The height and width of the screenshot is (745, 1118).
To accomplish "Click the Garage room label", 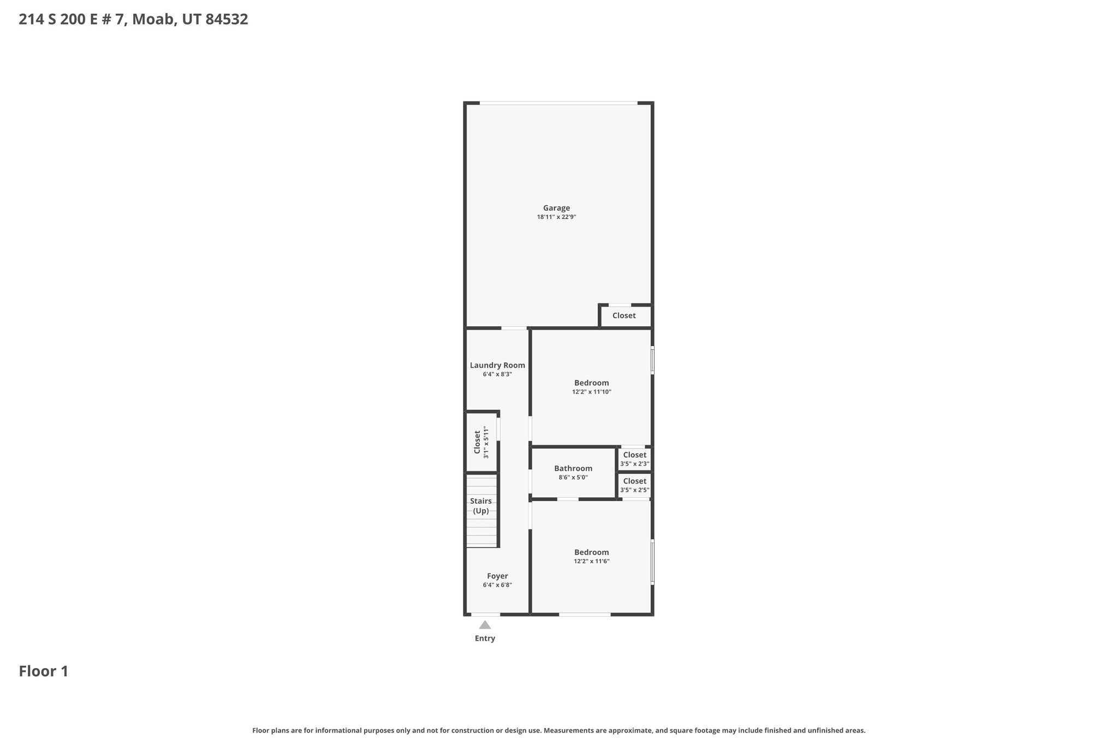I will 556,208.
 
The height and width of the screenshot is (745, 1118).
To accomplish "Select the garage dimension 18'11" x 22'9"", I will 556,217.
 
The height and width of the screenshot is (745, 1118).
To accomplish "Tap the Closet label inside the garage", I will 624,315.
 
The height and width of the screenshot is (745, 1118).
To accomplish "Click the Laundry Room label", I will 497,365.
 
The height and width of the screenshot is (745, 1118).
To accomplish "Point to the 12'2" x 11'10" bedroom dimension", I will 591,392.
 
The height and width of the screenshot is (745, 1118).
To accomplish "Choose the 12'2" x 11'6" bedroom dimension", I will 591,561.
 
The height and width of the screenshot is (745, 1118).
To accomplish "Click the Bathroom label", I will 573,468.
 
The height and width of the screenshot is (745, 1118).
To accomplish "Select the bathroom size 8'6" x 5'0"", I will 573,478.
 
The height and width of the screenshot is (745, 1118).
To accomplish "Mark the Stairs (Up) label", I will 481,506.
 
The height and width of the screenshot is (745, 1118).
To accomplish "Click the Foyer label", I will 497,576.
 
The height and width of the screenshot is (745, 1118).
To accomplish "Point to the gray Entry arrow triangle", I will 485,625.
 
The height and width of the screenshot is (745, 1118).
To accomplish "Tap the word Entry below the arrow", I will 485,639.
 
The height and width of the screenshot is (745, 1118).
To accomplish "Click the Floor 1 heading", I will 44,671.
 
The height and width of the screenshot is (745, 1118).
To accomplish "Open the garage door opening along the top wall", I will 558,103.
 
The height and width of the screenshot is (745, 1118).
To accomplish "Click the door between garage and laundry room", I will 514,328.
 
